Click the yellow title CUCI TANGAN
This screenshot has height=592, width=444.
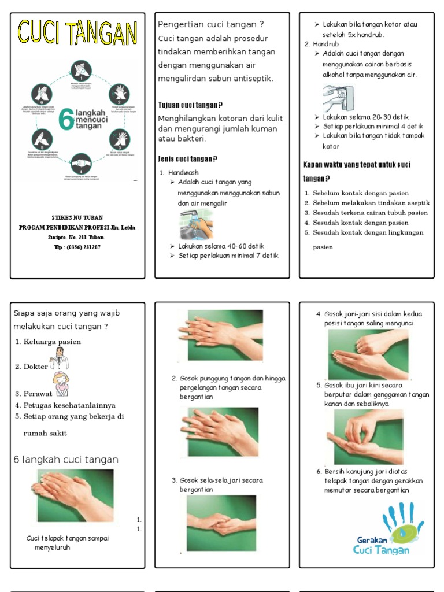pos(77,33)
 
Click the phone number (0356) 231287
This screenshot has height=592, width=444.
pos(78,247)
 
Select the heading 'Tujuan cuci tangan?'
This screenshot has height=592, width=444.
pos(190,105)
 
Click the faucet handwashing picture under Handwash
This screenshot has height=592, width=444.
pos(195,225)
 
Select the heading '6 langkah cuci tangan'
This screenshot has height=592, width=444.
pos(65,460)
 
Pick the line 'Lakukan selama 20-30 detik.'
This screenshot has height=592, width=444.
pos(367,117)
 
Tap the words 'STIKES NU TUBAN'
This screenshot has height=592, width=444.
pos(78,218)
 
